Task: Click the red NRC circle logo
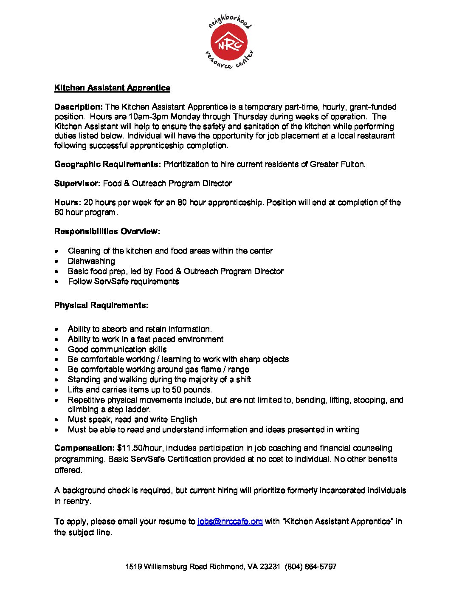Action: pos(229,42)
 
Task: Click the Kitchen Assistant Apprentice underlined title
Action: pos(112,88)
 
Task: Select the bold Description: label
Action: pos(79,107)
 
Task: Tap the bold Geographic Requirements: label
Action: pos(107,164)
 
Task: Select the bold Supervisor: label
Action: pos(77,183)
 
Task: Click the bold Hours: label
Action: pos(68,203)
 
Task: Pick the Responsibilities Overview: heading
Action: pos(107,231)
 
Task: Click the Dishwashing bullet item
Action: pos(91,261)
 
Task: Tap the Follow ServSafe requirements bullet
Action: pos(123,282)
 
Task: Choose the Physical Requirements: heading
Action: pos(101,305)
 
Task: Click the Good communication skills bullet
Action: pos(117,350)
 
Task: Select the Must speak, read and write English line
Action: pos(132,420)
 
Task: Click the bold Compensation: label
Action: pos(85,448)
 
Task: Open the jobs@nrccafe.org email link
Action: pos(230,522)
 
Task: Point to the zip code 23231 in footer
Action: pos(270,567)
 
